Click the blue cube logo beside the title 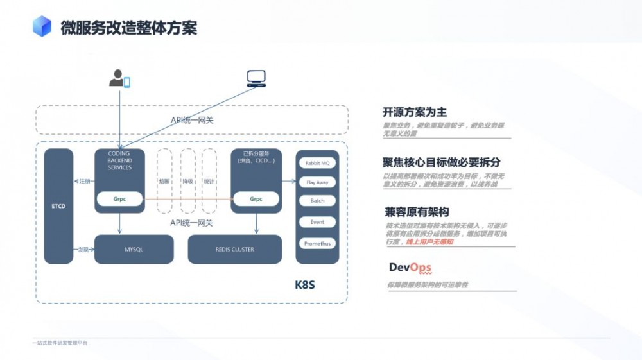pos(42,26)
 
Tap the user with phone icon pos(119,78)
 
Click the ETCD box pos(58,206)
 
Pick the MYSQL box pos(134,249)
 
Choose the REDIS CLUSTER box pos(234,249)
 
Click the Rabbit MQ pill pos(317,163)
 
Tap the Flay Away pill pos(317,182)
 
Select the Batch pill pos(317,201)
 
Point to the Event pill pos(317,222)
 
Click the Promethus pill pos(317,244)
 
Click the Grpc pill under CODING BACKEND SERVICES pos(119,199)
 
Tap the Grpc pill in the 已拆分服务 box pos(256,199)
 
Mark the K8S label pos(304,283)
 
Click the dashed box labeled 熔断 pos(164,181)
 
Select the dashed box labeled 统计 pos(209,181)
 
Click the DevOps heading pos(410,268)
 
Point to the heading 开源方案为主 pos(415,112)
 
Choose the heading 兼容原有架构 pos(417,212)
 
